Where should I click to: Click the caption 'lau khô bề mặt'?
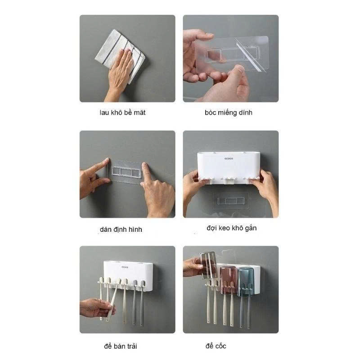click(122, 112)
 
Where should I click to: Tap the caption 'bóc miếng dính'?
click(229, 112)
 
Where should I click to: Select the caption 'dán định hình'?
click(121, 229)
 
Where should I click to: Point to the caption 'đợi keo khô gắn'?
click(231, 228)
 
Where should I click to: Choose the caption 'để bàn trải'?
click(121, 346)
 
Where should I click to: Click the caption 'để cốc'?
click(216, 346)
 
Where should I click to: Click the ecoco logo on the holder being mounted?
click(229, 158)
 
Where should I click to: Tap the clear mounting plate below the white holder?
click(231, 201)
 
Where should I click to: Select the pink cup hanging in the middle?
click(228, 280)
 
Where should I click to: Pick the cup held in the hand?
click(208, 265)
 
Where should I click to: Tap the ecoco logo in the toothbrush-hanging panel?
click(125, 267)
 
